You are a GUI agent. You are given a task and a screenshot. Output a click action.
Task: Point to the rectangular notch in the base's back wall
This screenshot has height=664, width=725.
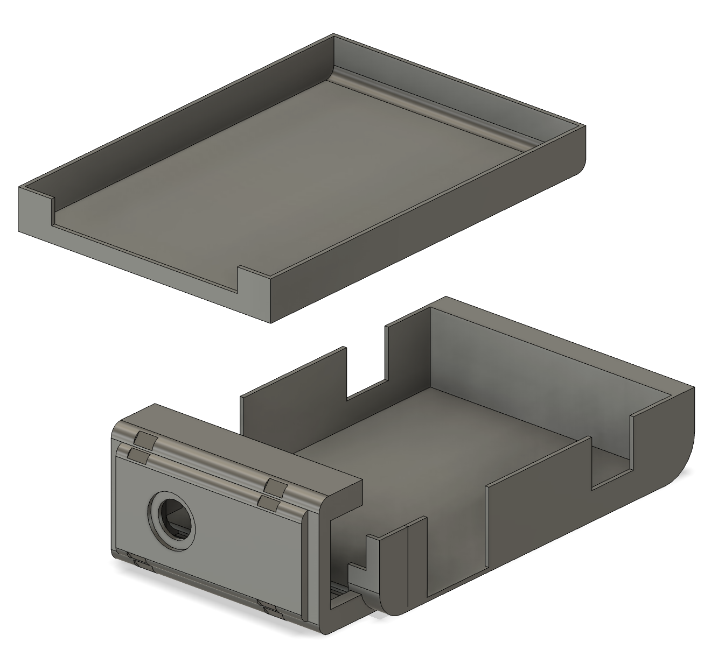366,371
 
